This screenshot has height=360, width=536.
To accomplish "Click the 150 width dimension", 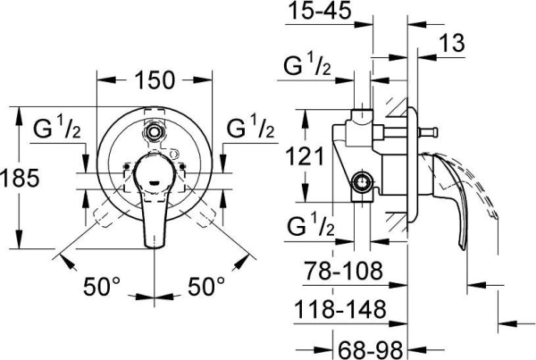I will [x=155, y=80].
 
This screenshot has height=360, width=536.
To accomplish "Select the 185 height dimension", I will [x=20, y=178].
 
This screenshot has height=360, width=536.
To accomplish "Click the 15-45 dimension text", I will [x=322, y=13].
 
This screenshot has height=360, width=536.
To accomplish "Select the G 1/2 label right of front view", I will [x=251, y=128].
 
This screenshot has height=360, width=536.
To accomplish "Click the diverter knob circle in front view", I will [x=156, y=130].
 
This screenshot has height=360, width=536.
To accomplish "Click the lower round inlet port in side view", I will [x=364, y=183].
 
